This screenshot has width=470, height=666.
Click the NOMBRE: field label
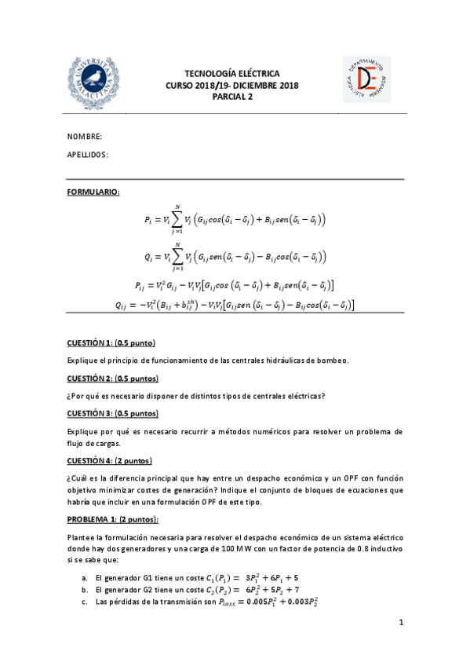(86, 137)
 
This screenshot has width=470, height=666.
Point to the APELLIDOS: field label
(89, 155)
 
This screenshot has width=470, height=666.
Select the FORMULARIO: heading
(93, 192)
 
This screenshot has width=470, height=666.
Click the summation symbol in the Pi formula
(177, 219)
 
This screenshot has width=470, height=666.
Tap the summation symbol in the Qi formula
(177, 257)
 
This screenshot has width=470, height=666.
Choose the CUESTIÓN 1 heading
(111, 342)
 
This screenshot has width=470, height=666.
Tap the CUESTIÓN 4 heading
(110, 460)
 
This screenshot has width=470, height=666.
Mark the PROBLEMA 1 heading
(113, 519)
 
